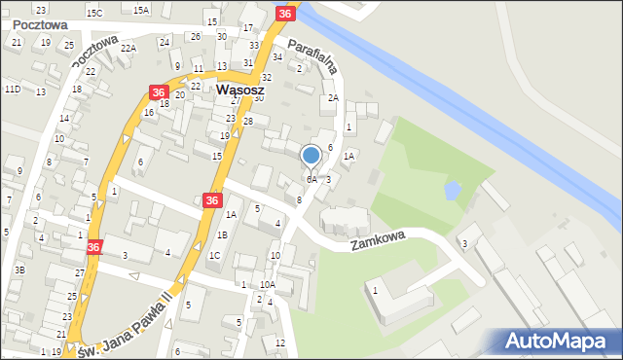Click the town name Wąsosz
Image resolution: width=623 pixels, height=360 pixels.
point(235,89)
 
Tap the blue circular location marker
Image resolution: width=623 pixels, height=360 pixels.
point(311,155)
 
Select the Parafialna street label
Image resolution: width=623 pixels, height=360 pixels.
point(312,55)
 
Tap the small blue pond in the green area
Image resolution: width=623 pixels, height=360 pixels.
point(453,190)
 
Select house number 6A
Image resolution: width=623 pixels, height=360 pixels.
point(311,180)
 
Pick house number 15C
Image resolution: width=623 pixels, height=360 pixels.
point(94,13)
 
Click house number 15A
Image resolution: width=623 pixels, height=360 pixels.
point(141,10)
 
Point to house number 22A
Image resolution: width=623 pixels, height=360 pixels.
point(128,48)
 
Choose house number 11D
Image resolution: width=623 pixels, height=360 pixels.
point(12,90)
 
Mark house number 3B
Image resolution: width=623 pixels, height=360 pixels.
point(18,270)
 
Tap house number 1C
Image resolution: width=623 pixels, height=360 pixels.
point(214,256)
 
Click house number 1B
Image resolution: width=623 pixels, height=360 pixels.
point(222,234)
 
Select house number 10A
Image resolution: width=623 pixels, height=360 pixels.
point(267,284)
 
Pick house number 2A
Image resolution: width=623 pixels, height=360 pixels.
point(332,98)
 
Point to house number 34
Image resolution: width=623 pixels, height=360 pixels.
point(277,56)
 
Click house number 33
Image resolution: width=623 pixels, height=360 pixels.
point(253,46)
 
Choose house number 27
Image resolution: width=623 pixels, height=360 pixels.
point(80,273)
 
